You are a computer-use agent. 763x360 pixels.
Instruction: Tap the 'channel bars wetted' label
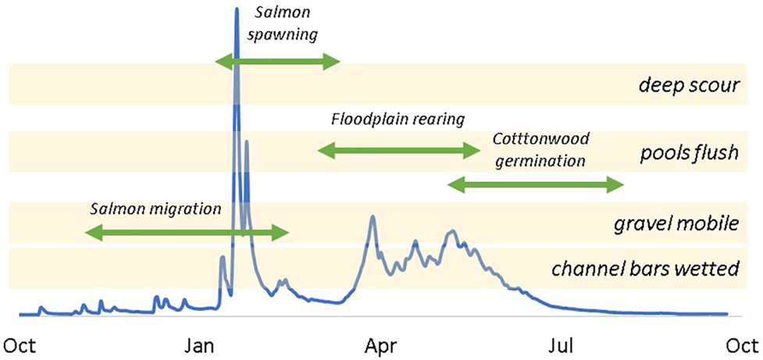coord(645,269)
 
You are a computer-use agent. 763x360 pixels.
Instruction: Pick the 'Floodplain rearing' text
coord(398,119)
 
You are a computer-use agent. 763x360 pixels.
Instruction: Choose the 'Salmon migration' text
coord(156,209)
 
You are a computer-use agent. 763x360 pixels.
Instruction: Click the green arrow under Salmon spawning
coord(277,62)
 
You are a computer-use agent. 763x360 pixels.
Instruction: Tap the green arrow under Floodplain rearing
coord(398,149)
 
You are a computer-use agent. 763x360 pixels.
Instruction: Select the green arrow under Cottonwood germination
coord(535,185)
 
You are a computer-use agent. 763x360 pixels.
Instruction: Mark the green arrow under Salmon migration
coord(187,232)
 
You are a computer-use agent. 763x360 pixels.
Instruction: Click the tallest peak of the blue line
coord(236,9)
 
